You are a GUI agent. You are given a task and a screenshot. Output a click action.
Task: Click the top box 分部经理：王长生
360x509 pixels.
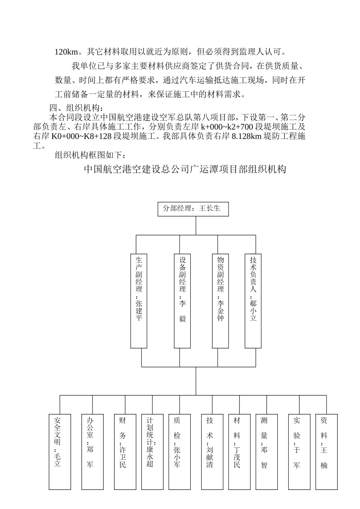[x=193, y=209]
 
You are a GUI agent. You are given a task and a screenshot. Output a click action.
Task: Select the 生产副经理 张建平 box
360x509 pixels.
[x=139, y=300]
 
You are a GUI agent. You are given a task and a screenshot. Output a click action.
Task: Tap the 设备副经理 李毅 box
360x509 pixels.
[x=182, y=300]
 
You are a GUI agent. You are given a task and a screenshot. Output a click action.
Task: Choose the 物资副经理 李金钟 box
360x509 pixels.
[x=220, y=300]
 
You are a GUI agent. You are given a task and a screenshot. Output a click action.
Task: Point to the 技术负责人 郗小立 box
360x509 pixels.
[x=253, y=300]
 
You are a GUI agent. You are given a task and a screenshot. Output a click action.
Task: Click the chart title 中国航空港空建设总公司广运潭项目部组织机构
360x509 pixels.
[x=185, y=169]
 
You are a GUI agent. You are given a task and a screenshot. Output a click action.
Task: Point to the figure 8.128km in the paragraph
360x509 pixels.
[x=247, y=136]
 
